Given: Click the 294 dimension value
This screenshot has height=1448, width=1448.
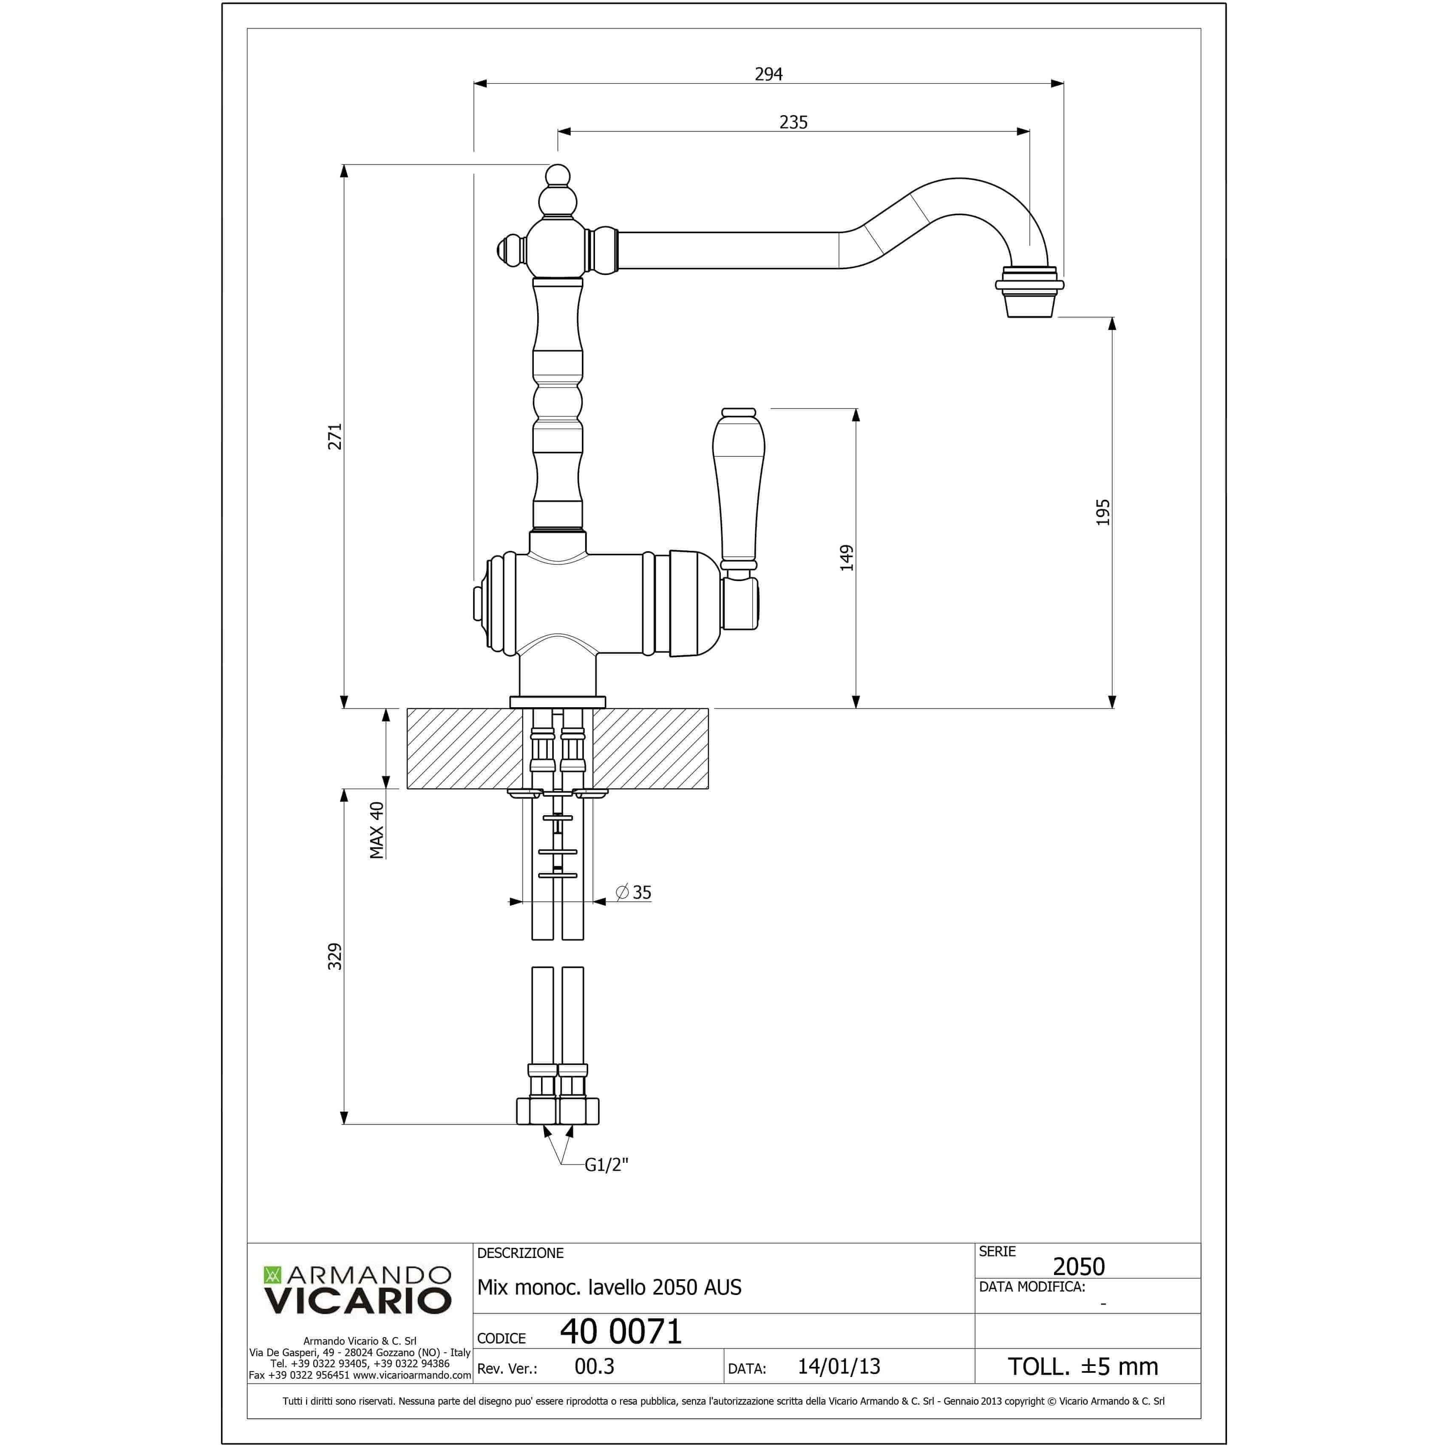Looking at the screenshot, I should tap(768, 74).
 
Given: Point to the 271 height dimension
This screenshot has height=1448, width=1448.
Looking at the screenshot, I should tap(335, 436).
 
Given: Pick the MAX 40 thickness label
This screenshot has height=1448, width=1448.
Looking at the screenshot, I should tap(376, 830).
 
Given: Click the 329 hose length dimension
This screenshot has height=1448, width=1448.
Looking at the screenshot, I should tap(335, 956).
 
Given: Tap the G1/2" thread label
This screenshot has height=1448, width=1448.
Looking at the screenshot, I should tap(606, 1164).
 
